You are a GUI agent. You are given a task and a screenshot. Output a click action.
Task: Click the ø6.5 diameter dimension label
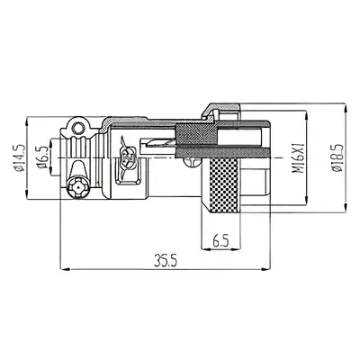40,155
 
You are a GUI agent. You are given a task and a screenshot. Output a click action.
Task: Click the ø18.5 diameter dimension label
337,155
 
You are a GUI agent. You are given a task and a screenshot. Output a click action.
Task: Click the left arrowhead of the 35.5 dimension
63,268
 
